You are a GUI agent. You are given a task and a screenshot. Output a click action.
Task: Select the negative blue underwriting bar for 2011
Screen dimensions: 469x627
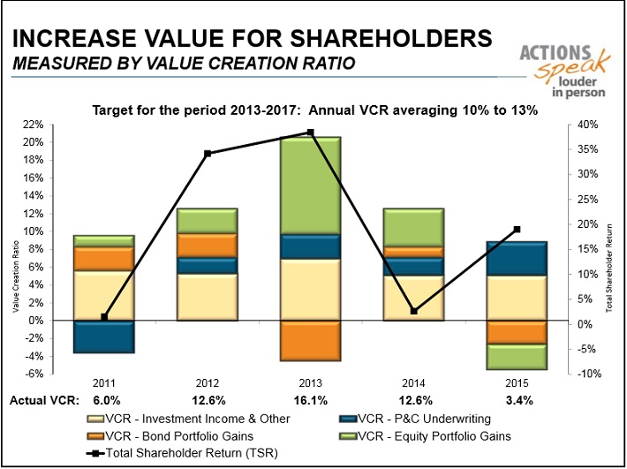[x=104, y=337]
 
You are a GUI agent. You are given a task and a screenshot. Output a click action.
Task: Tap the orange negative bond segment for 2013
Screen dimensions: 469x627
[x=311, y=340]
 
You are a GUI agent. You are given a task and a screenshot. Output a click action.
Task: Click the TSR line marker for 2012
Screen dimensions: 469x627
[x=208, y=154]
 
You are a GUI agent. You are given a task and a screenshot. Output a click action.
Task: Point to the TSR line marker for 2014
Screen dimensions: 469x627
[x=414, y=311]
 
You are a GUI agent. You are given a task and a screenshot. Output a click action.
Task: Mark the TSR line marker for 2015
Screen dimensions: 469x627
[x=517, y=230]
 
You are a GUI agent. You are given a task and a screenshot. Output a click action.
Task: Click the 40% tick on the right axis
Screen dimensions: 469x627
[x=588, y=125]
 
